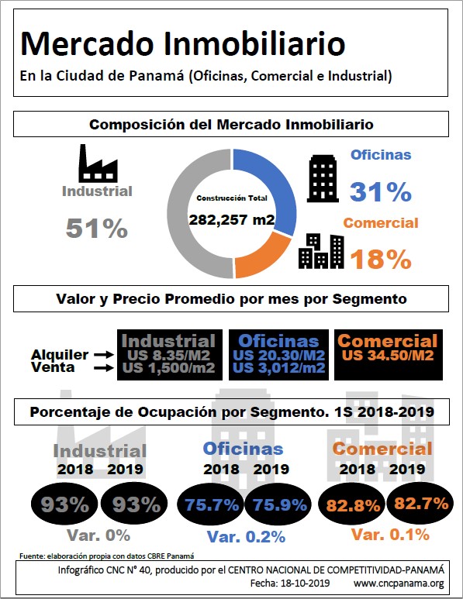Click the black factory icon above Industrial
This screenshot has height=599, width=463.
coord(98,164)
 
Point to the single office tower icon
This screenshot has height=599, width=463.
coord(323,178)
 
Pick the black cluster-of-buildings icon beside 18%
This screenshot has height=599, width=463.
coord(321,251)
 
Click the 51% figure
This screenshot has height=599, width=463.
coord(97,229)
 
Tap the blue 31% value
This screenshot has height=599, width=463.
coord(381,191)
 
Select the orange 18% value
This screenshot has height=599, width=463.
coord(381,259)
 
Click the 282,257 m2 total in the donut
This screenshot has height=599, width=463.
coord(232,219)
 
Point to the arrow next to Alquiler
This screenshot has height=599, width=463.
coord(104,355)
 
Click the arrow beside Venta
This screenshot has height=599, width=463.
coord(104,368)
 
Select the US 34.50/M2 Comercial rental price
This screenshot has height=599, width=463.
coord(388,355)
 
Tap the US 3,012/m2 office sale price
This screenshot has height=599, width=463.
coord(278,368)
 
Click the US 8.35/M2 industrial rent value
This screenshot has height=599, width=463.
coord(168,355)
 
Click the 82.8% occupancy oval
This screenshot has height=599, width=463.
coord(352,506)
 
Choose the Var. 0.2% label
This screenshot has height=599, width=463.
coord(246,537)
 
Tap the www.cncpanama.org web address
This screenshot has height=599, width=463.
coord(399,584)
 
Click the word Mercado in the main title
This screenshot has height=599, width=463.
coord(87,43)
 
